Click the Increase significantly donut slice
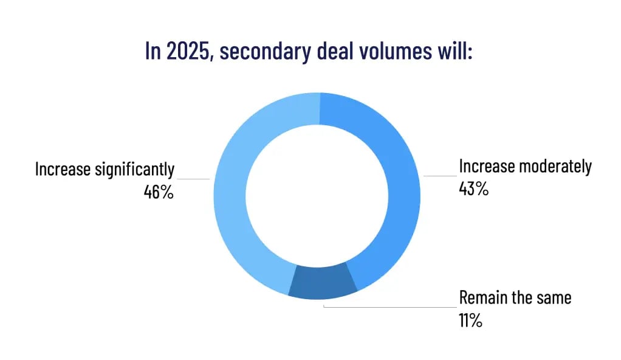pyautogui.click(x=234, y=201)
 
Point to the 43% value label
pyautogui.click(x=474, y=189)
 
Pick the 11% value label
pyautogui.click(x=471, y=320)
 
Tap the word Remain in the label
pyautogui.click(x=482, y=298)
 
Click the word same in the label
pyautogui.click(x=552, y=298)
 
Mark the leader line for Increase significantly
pyautogui.click(x=193, y=179)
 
